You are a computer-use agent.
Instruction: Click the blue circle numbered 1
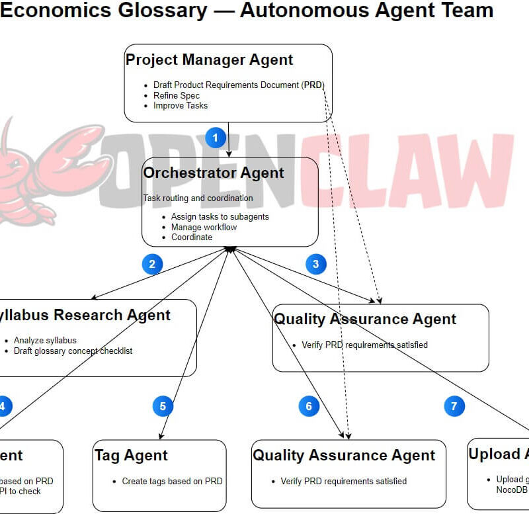(x=216, y=138)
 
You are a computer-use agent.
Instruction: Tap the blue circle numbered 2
(x=152, y=265)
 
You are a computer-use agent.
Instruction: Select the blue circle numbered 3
(x=316, y=265)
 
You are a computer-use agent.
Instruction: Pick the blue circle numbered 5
(x=163, y=406)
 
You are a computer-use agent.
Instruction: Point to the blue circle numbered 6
(x=309, y=406)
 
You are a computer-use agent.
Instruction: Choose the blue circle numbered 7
(x=454, y=406)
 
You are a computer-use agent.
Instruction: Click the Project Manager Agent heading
(x=209, y=60)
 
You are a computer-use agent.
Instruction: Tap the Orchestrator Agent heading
(x=214, y=173)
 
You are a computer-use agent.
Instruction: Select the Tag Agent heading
(x=131, y=455)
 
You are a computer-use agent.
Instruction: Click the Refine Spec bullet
(x=177, y=95)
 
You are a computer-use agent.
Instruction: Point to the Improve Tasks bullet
(x=181, y=105)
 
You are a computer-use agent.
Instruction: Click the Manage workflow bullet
(x=204, y=227)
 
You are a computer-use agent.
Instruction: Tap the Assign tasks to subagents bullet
(x=220, y=216)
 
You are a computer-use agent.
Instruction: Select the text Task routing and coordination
(x=198, y=198)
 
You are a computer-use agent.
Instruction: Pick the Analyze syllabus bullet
(x=45, y=340)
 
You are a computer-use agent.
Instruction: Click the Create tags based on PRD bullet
(x=172, y=481)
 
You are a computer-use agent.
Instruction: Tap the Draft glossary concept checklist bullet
(x=73, y=351)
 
